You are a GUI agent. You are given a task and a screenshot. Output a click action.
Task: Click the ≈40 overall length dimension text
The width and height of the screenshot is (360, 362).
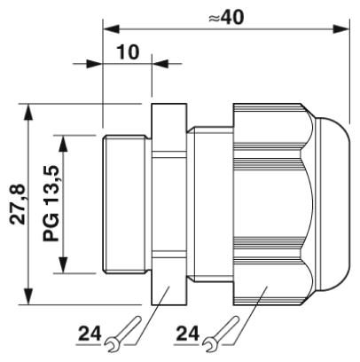(226, 17)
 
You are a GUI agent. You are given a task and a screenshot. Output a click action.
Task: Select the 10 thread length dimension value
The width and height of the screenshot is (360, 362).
(129, 52)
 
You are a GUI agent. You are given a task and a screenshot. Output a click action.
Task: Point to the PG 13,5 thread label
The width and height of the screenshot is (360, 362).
(51, 203)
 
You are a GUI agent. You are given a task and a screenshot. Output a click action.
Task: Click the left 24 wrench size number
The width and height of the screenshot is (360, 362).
(90, 334)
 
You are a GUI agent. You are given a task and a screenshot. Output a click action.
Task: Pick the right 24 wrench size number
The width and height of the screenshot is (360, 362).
(188, 334)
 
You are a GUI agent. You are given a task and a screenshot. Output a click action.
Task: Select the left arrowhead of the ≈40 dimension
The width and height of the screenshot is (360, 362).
(111, 29)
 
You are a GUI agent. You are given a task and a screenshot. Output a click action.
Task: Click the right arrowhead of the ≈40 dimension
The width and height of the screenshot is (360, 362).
(340, 29)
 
